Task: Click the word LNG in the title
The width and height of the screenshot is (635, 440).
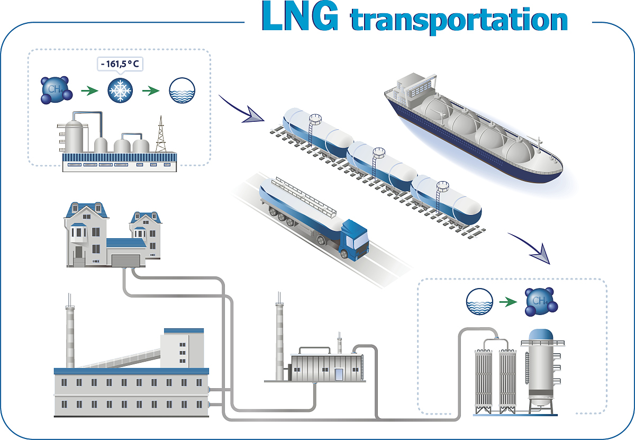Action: click(300, 17)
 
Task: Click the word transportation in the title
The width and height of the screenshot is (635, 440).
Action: click(459, 20)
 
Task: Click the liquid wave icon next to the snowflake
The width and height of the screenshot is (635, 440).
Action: click(181, 91)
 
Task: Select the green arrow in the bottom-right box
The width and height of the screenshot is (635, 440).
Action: click(509, 302)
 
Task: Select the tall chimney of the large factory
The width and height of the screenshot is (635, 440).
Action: click(70, 334)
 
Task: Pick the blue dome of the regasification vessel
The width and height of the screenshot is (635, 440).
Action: click(538, 335)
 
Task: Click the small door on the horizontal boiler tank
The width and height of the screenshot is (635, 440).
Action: click(338, 374)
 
